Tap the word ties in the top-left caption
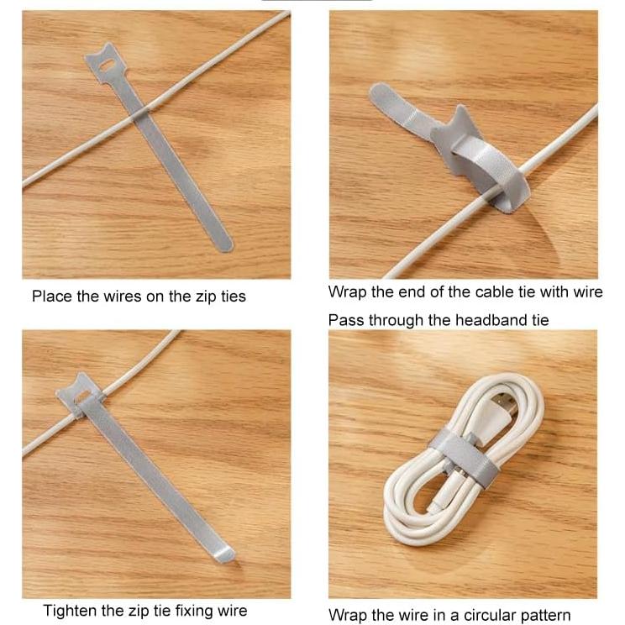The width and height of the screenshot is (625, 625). coord(231,296)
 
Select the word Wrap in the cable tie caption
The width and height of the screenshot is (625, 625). coord(345,291)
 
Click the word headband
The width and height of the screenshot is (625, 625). coord(491,320)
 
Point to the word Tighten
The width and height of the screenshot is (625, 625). coord(71,611)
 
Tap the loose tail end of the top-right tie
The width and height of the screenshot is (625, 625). coord(380,94)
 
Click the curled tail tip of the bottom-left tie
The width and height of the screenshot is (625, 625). coord(225,555)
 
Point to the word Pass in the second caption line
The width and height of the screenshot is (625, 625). coord(344,320)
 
